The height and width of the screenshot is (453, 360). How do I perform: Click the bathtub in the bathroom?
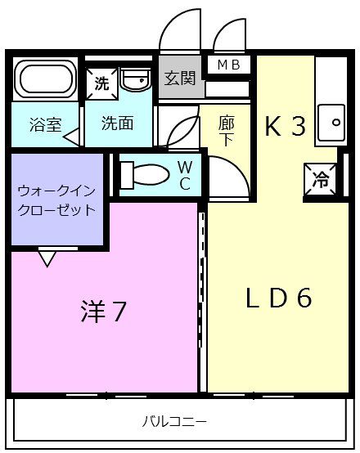pyautogui.click(x=47, y=80)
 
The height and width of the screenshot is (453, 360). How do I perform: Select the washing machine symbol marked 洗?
pyautogui.click(x=101, y=83)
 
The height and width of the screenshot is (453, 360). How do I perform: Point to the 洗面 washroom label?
pyautogui.click(x=117, y=124)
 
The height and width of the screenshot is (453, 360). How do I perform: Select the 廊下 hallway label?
pyautogui.click(x=227, y=130)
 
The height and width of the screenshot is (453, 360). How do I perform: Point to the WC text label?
pyautogui.click(x=185, y=175)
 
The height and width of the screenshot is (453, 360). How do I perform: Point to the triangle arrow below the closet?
pyautogui.click(x=47, y=258)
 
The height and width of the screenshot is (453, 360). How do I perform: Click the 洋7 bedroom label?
pyautogui.click(x=104, y=312)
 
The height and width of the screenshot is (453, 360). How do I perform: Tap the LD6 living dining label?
pyautogui.click(x=278, y=298)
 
